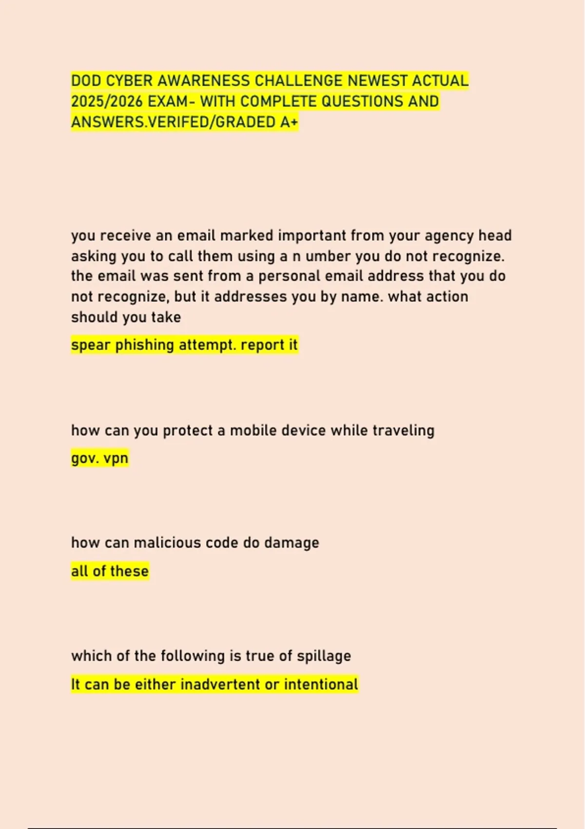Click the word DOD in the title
coord(85,80)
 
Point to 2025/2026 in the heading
coord(107,101)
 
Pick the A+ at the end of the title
coord(289,122)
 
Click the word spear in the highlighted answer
coord(91,345)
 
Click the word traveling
coord(403,431)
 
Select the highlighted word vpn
coord(116,458)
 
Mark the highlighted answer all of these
coord(110,571)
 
